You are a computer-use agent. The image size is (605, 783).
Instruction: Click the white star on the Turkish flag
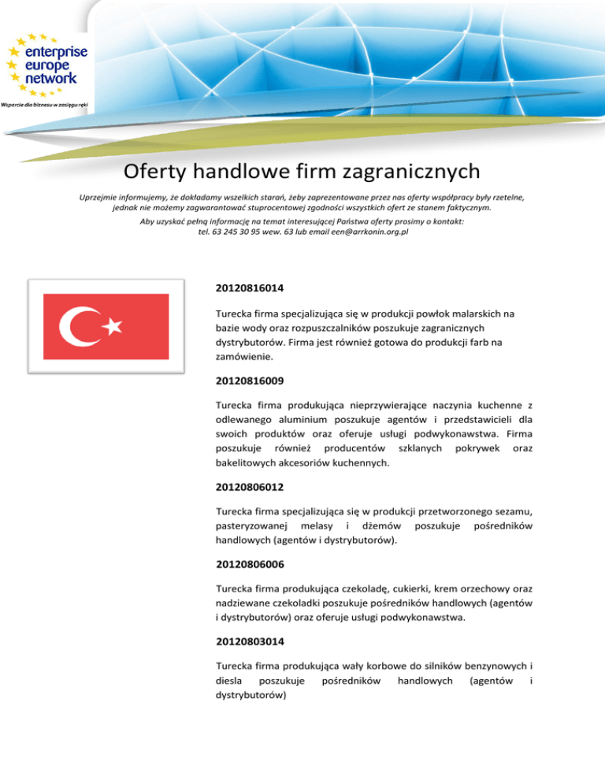(114, 325)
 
